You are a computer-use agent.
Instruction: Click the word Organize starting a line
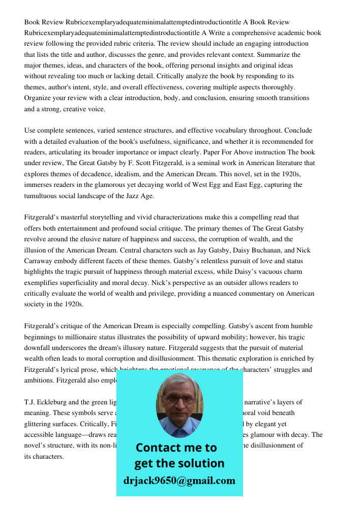click(38, 98)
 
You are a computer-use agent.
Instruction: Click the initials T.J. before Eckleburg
click(30, 402)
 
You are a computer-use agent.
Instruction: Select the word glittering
click(40, 424)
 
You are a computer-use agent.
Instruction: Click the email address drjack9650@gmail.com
click(179, 481)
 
